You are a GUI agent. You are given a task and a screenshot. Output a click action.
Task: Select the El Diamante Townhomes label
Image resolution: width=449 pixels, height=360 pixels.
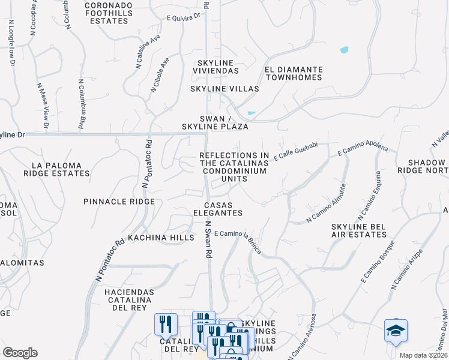tap(294, 73)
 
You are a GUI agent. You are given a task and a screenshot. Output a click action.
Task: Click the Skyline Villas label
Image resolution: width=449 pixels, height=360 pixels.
tap(224, 89)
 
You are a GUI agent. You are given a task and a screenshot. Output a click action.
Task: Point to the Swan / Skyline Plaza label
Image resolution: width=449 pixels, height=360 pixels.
tap(215, 122)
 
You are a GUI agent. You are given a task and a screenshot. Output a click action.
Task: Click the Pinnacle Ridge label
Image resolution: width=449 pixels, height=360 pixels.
tap(119, 202)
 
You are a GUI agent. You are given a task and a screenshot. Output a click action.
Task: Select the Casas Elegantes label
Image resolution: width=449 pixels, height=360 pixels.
tap(218, 209)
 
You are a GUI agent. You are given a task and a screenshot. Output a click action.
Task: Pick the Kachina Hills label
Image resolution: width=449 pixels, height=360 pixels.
tap(161, 238)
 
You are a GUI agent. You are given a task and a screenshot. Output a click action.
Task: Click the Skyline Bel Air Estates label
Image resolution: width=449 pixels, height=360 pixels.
tap(358, 230)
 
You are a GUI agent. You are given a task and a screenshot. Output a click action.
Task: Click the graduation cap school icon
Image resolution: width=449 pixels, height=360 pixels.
tap(396, 331)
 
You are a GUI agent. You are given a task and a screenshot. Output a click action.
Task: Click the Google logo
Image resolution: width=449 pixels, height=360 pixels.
tap(20, 353)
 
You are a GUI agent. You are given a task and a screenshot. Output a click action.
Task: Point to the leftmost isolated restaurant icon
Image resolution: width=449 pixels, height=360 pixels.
tap(165, 324)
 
